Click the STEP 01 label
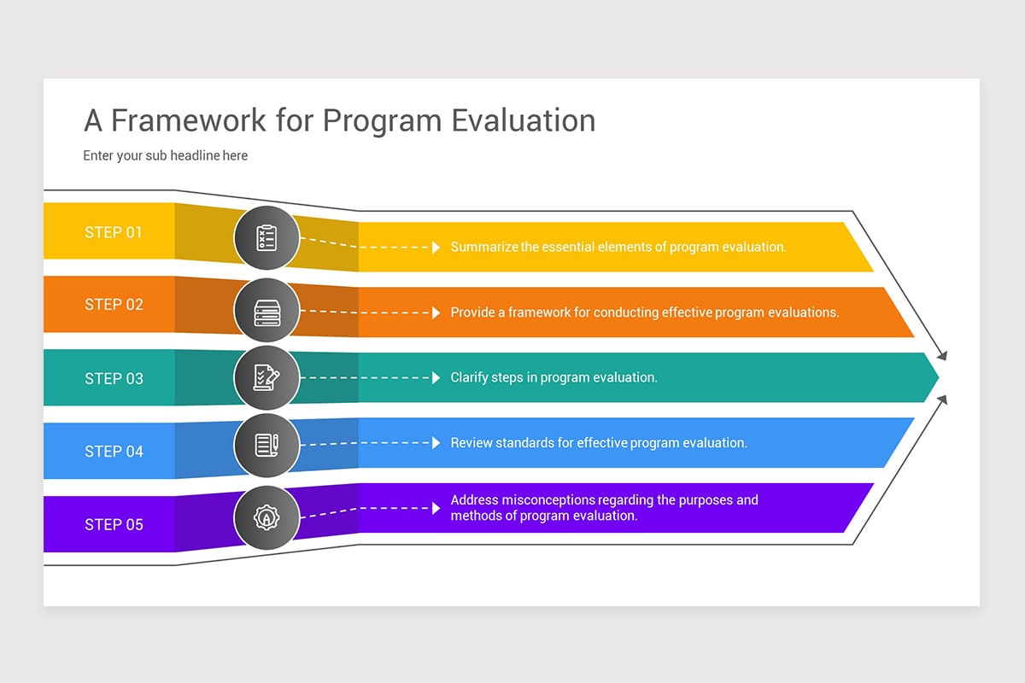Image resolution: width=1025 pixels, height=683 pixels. pyautogui.click(x=114, y=232)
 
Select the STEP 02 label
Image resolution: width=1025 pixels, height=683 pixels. pyautogui.click(x=114, y=305)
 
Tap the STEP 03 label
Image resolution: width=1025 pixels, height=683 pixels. pyautogui.click(x=114, y=378)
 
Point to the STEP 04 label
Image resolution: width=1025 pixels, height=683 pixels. pyautogui.click(x=114, y=452)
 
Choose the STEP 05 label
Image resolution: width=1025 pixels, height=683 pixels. pyautogui.click(x=114, y=524)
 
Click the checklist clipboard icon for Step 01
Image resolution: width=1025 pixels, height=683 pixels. pyautogui.click(x=266, y=238)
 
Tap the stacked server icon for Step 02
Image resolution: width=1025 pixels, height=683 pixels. pyautogui.click(x=266, y=312)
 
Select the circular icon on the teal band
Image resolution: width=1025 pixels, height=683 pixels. pyautogui.click(x=266, y=377)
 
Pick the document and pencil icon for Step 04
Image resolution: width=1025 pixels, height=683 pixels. pyautogui.click(x=266, y=444)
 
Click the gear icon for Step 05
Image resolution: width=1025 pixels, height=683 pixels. pyautogui.click(x=266, y=517)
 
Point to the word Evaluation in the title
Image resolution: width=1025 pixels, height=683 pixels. pyautogui.click(x=523, y=120)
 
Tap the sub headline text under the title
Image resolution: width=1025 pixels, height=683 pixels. pyautogui.click(x=165, y=155)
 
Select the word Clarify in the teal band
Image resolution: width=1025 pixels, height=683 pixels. pyautogui.click(x=469, y=377)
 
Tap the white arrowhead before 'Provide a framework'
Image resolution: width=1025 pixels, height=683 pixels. pyautogui.click(x=436, y=312)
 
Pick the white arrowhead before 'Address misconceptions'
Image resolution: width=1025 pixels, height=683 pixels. pyautogui.click(x=436, y=507)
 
